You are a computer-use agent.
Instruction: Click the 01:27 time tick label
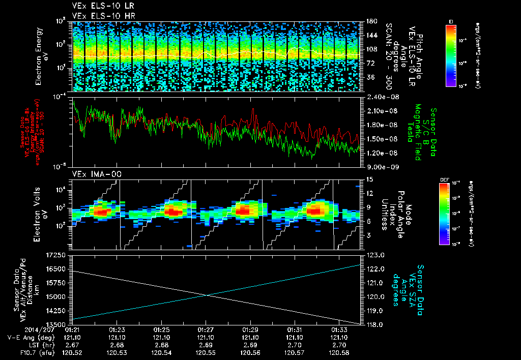point(206,330)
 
